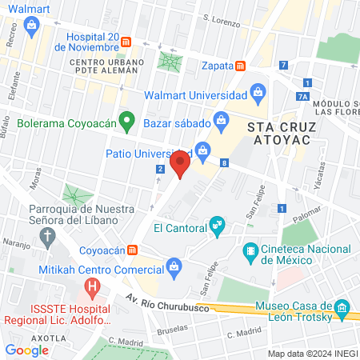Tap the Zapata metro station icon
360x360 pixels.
[x=240, y=66]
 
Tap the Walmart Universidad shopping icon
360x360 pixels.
[x=258, y=94]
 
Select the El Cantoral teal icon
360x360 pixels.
[x=215, y=226]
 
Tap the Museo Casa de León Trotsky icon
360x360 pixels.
[x=342, y=308]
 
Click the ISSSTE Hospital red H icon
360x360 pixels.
[x=94, y=283]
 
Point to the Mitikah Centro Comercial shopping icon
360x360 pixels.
[x=173, y=266]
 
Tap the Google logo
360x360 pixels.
[x=27, y=350]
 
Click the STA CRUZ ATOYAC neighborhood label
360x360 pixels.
[x=283, y=134]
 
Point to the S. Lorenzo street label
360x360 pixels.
[x=221, y=18]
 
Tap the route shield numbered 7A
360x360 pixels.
[x=302, y=97]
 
